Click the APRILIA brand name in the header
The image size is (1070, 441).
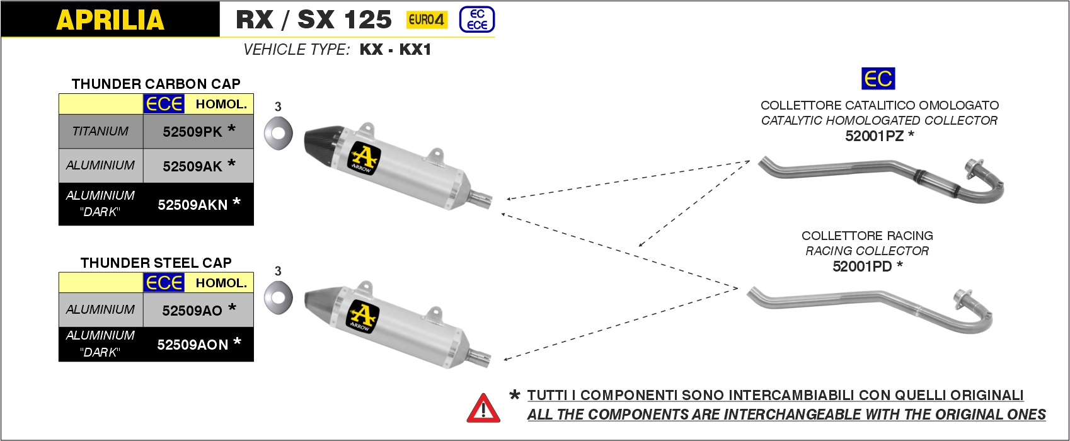(x=110, y=20)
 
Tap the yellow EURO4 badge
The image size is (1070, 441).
(x=427, y=20)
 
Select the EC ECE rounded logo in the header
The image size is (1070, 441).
(x=477, y=20)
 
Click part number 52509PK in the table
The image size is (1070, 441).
(x=192, y=132)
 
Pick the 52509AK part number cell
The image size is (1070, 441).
(x=192, y=166)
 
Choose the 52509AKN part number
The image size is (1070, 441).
(x=192, y=205)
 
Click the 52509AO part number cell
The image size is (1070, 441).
(x=192, y=311)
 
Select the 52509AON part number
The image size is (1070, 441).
(x=192, y=345)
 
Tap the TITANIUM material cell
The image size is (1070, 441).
(x=100, y=132)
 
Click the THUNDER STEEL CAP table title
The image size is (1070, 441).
(x=156, y=263)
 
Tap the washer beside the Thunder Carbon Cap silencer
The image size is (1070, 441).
(x=278, y=133)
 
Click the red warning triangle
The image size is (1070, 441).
(x=483, y=408)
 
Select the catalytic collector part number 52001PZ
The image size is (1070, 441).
(x=874, y=136)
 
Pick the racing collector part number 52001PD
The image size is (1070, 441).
(x=861, y=266)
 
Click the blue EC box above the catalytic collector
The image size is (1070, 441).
(x=878, y=79)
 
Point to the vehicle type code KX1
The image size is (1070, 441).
(x=415, y=50)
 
